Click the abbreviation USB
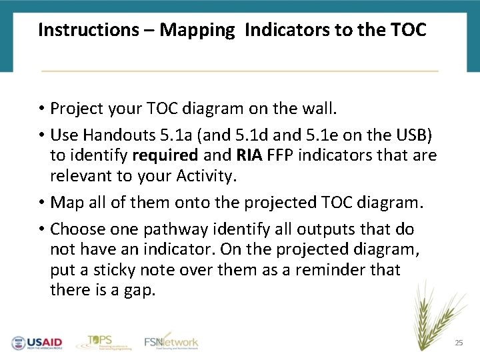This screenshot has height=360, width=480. click(x=416, y=135)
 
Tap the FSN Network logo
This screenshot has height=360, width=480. click(x=171, y=341)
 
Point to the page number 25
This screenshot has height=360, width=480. click(x=458, y=343)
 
